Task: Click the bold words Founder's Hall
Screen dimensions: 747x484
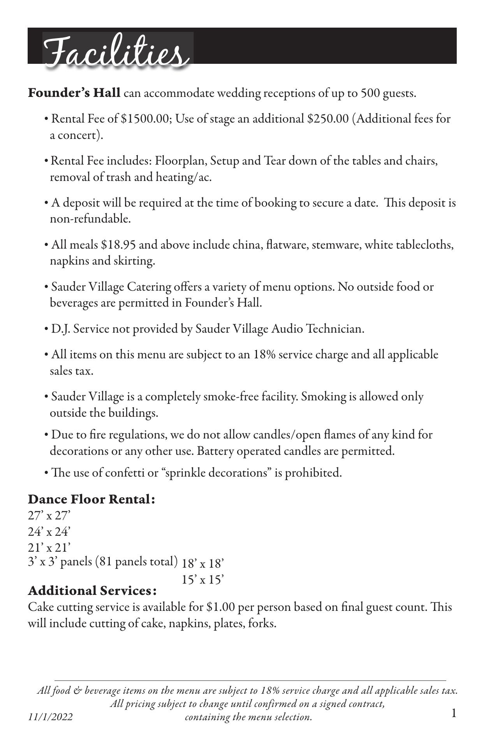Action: [74, 93]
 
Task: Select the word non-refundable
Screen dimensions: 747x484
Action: [90, 219]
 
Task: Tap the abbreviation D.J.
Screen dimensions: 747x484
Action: [60, 329]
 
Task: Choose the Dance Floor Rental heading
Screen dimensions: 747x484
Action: [92, 499]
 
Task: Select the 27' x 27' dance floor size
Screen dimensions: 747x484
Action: [49, 516]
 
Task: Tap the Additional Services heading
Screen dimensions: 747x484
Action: [92, 591]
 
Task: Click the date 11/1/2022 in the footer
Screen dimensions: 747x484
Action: [50, 717]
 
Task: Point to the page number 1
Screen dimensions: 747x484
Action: [454, 714]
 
